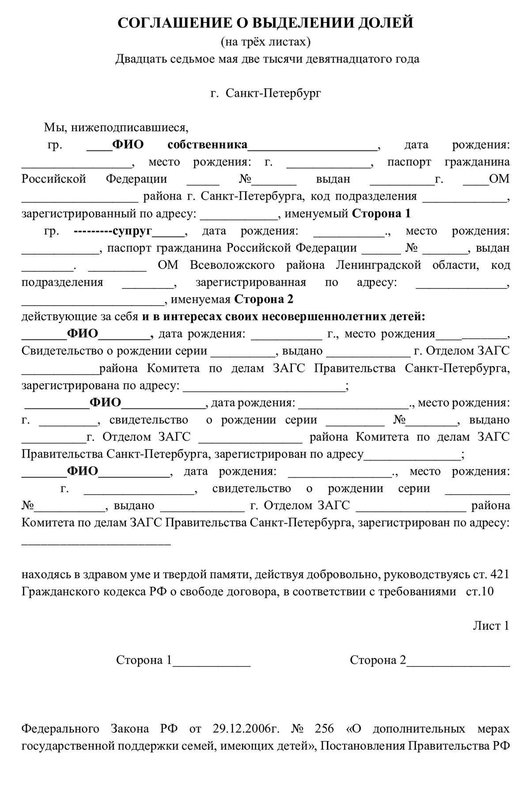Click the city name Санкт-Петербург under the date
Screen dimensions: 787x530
tap(273, 93)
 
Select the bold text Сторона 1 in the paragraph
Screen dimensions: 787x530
tap(381, 214)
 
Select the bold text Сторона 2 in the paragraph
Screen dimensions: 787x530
tap(264, 299)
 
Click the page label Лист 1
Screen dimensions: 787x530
tap(491, 626)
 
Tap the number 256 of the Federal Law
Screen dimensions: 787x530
tap(325, 728)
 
